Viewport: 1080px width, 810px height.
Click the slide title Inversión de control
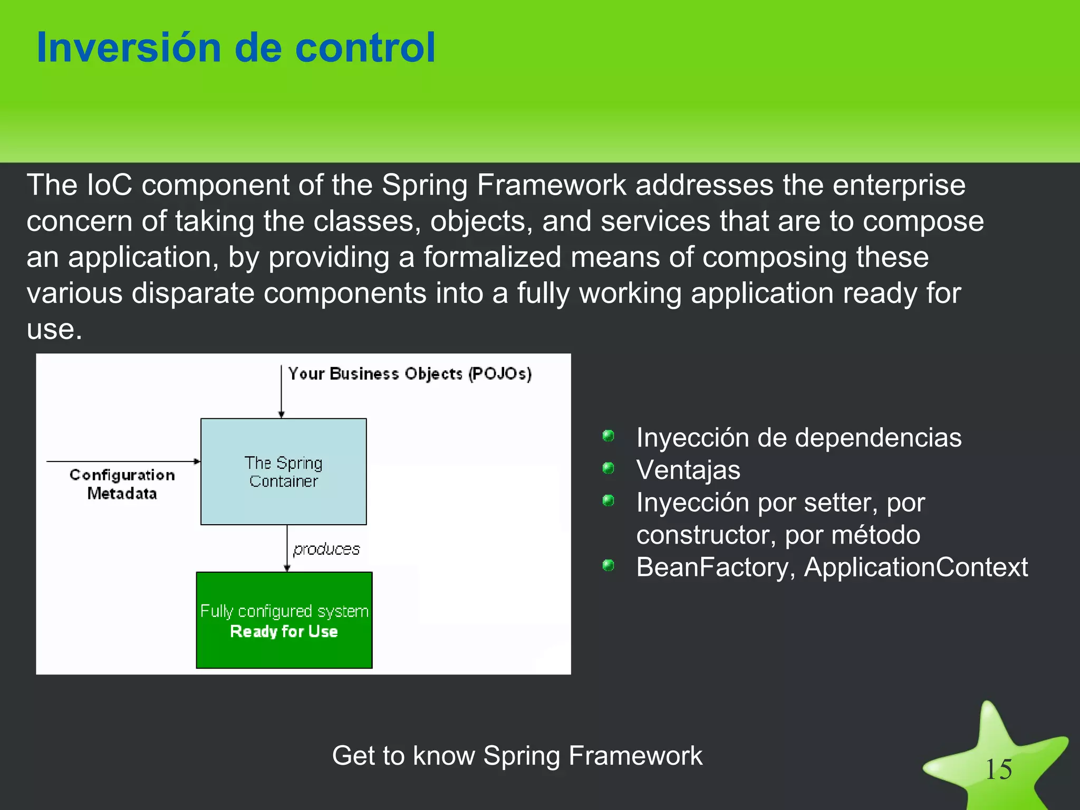[236, 48]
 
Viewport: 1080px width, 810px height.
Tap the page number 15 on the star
[998, 769]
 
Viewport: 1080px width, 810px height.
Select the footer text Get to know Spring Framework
[517, 755]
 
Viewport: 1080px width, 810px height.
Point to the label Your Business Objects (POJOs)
[410, 374]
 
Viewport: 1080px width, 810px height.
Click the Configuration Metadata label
[122, 484]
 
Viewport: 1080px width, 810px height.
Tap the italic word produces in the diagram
[326, 549]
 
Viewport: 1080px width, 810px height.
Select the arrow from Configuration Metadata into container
[123, 461]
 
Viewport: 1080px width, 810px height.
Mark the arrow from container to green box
[287, 548]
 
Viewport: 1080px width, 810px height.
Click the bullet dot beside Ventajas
[608, 468]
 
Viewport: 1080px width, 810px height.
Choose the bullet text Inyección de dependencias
[798, 438]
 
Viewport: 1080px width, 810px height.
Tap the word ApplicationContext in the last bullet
[915, 567]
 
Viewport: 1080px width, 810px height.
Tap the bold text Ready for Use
[284, 631]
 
